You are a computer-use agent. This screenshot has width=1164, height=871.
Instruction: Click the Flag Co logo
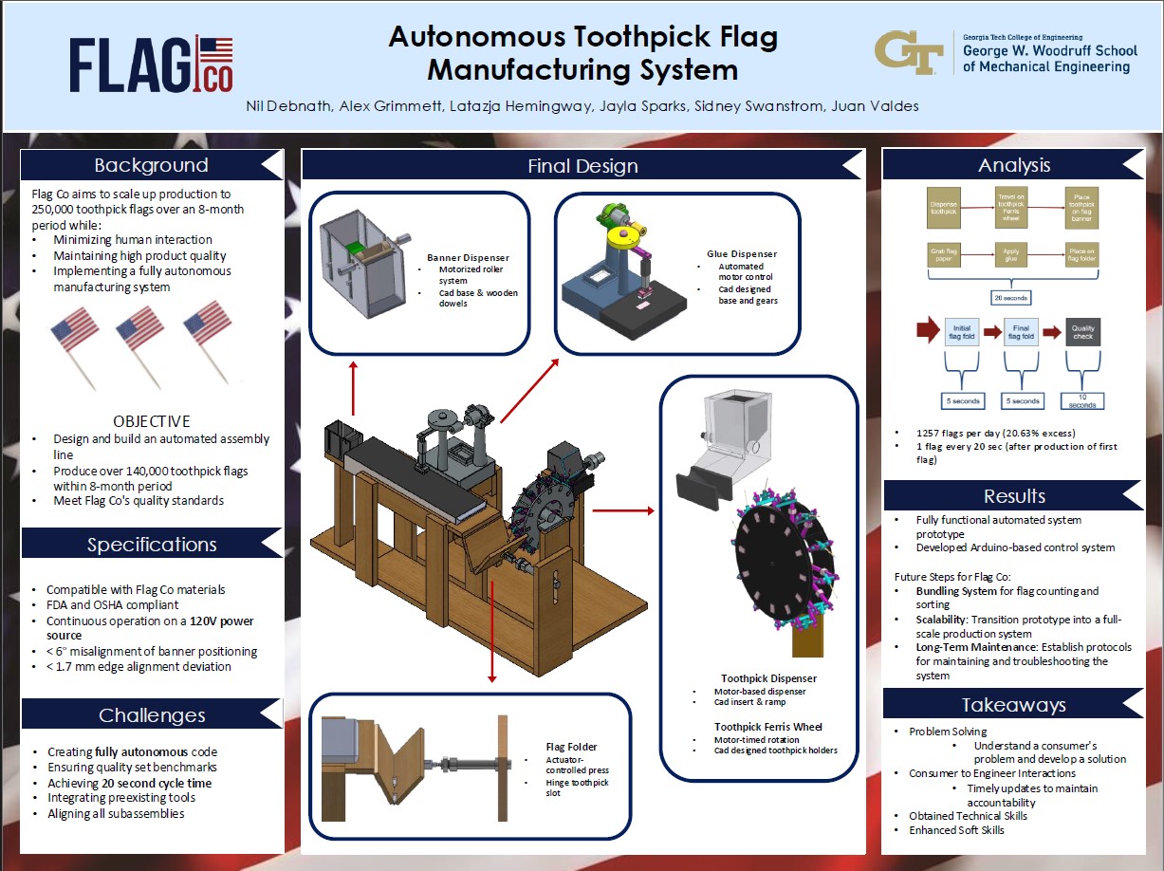tap(151, 65)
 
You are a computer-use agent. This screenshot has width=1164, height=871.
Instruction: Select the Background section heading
tap(151, 165)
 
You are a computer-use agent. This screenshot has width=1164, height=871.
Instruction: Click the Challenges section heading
tap(152, 714)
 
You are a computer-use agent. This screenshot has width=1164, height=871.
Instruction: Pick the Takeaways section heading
tap(1013, 704)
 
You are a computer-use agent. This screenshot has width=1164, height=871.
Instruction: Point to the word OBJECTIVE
tap(152, 421)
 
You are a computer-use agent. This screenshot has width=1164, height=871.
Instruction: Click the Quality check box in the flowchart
tap(1082, 332)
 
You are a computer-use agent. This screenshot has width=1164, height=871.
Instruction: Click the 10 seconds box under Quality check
tap(1082, 401)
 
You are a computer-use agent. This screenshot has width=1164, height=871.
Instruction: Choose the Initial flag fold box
tap(960, 332)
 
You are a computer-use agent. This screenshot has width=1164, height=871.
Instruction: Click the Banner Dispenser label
tap(468, 257)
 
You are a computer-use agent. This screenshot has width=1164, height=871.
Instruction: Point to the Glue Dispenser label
tap(742, 253)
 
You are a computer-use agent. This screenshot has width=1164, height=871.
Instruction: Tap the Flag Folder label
tap(571, 747)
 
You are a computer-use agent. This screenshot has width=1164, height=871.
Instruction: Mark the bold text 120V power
tap(221, 621)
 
